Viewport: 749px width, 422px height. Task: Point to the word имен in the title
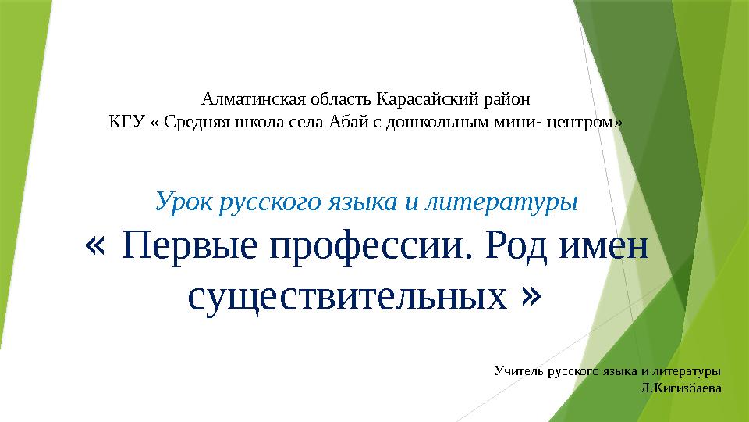click(x=609, y=249)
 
